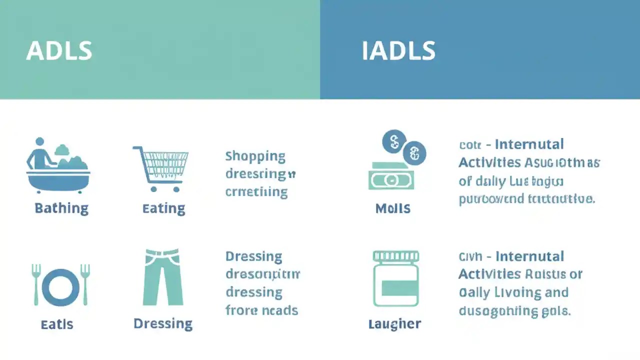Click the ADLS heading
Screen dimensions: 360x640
pos(59,51)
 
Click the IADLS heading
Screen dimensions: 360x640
pos(398,51)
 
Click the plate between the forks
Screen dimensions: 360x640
pos(60,287)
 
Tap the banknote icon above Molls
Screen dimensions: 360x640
pos(391,178)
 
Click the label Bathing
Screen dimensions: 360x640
pos(61,208)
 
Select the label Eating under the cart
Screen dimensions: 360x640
pos(163,208)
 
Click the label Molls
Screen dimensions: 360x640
pos(393,208)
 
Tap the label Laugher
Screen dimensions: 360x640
pos(394,324)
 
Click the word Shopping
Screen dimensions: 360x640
pos(255,156)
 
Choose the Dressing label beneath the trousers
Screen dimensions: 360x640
pos(163,323)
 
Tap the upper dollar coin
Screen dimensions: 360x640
pos(394,141)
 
